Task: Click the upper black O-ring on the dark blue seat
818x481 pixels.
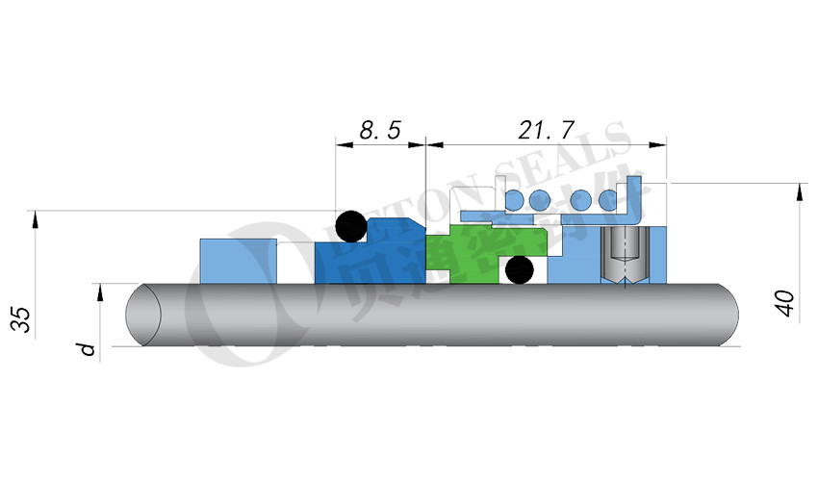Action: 349,226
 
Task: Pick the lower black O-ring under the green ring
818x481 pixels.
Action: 520,270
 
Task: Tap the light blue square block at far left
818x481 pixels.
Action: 237,261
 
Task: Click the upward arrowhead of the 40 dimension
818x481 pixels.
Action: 799,191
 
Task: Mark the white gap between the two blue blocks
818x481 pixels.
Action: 295,263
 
